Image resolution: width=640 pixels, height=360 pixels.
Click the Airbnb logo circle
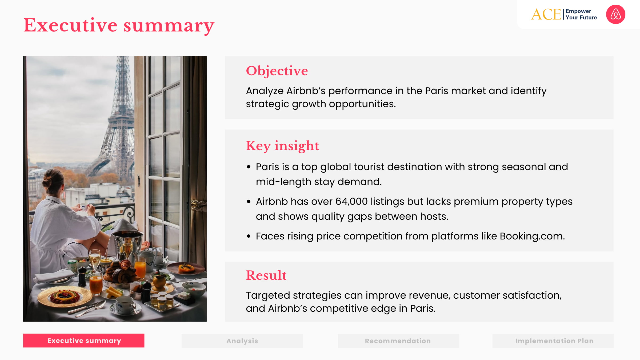615,14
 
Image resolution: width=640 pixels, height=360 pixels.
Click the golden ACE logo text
546,14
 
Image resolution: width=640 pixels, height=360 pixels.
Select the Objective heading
277,71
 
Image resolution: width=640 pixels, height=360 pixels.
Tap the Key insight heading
282,146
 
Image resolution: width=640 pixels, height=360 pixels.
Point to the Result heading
266,275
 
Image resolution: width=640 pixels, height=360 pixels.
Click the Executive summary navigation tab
84,341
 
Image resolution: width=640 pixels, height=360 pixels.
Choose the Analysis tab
242,341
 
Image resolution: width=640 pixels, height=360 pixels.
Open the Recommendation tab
398,341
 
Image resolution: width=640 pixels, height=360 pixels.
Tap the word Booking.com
532,236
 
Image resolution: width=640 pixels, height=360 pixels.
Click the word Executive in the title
70,25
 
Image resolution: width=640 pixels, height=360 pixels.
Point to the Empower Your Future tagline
581,14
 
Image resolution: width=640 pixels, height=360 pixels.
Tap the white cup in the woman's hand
84,206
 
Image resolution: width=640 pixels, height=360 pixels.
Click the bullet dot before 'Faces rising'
249,236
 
